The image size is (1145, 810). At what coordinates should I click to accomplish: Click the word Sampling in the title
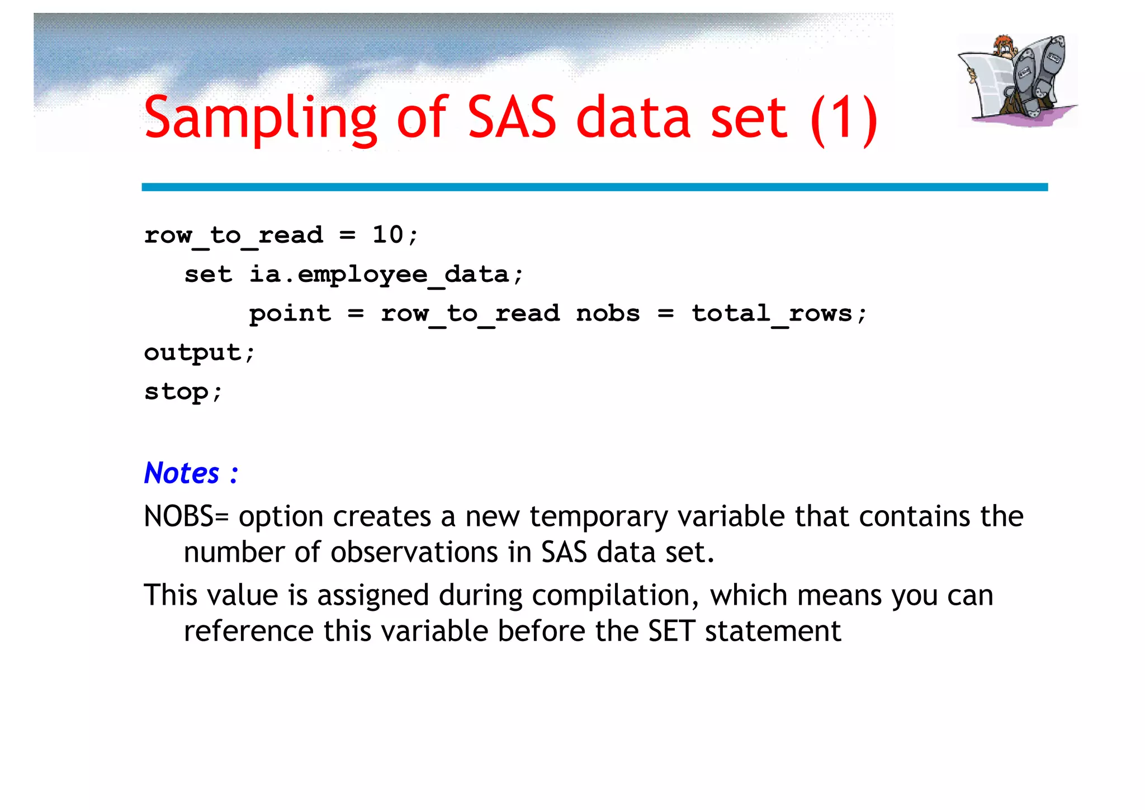(x=261, y=119)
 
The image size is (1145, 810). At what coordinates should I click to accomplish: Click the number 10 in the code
(x=387, y=235)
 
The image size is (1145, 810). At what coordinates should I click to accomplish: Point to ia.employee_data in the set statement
(x=386, y=275)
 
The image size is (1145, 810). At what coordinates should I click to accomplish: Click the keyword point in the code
(x=290, y=314)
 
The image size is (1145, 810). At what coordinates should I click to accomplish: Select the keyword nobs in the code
(x=608, y=314)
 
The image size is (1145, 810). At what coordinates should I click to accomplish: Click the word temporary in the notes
(x=598, y=516)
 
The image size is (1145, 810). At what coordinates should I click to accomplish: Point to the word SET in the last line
(x=671, y=632)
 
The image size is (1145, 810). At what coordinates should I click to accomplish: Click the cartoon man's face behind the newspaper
(x=1006, y=48)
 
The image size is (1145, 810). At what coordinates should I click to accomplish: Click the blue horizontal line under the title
(x=594, y=187)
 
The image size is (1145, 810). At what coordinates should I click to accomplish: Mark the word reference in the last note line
(x=248, y=632)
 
